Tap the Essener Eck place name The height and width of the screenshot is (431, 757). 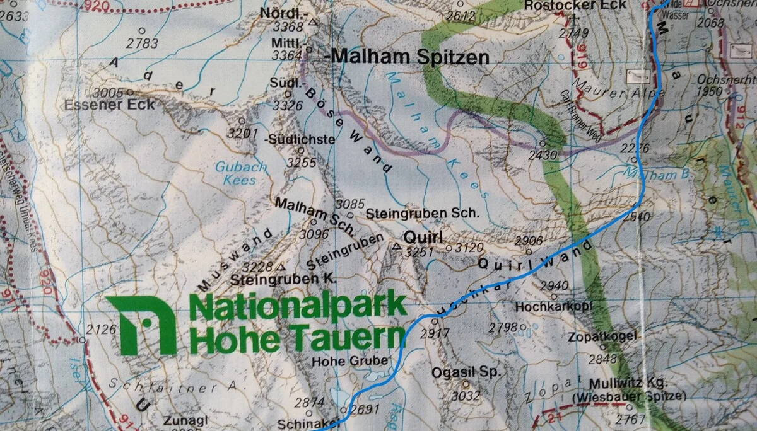click(x=109, y=105)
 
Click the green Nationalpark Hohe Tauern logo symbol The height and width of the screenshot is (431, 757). click(x=141, y=325)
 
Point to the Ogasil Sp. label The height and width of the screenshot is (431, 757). click(x=466, y=372)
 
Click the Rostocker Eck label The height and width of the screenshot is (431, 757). click(x=575, y=6)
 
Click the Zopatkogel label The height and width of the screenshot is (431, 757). click(x=602, y=337)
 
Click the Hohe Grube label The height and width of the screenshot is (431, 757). click(x=343, y=361)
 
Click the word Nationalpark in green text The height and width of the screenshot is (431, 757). click(x=298, y=307)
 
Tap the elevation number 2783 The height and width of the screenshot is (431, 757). click(x=142, y=43)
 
